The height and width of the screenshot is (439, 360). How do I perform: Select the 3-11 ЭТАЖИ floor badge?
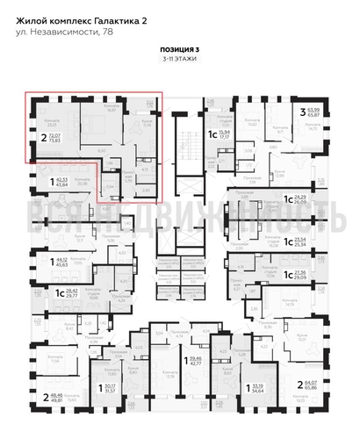178,60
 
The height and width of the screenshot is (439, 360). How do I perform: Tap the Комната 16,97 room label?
110,108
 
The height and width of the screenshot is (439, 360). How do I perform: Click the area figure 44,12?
61,260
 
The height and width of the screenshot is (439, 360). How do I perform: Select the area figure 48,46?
58,395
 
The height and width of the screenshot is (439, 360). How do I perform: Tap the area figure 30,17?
110,385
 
